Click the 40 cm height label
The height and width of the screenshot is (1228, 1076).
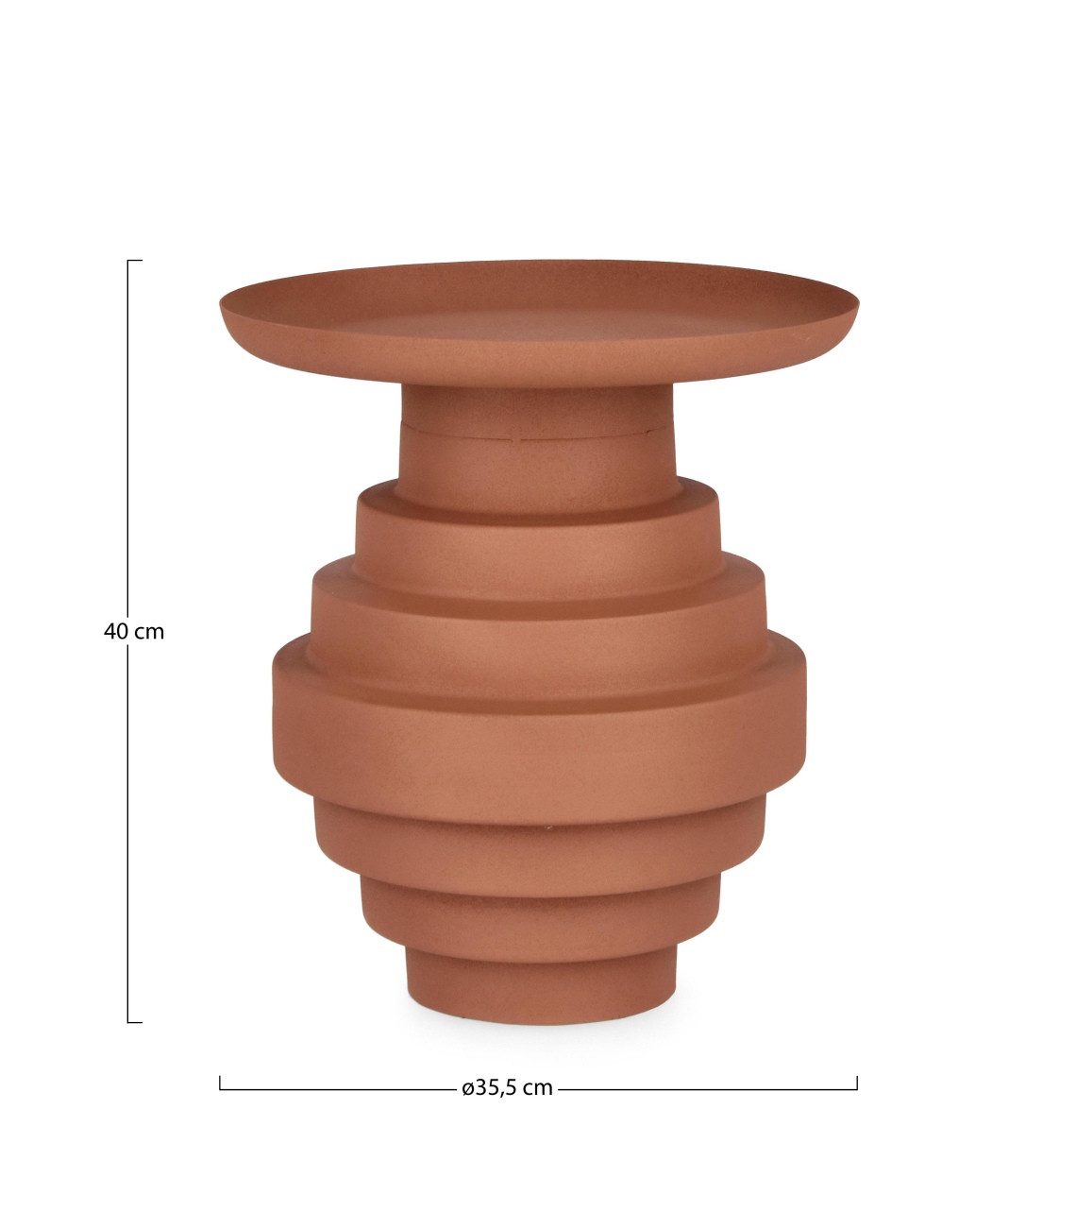[x=134, y=632]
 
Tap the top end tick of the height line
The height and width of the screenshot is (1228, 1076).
[x=134, y=261]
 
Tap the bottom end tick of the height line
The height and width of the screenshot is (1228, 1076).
[x=134, y=1022]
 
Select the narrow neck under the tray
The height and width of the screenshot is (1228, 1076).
[x=538, y=450]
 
